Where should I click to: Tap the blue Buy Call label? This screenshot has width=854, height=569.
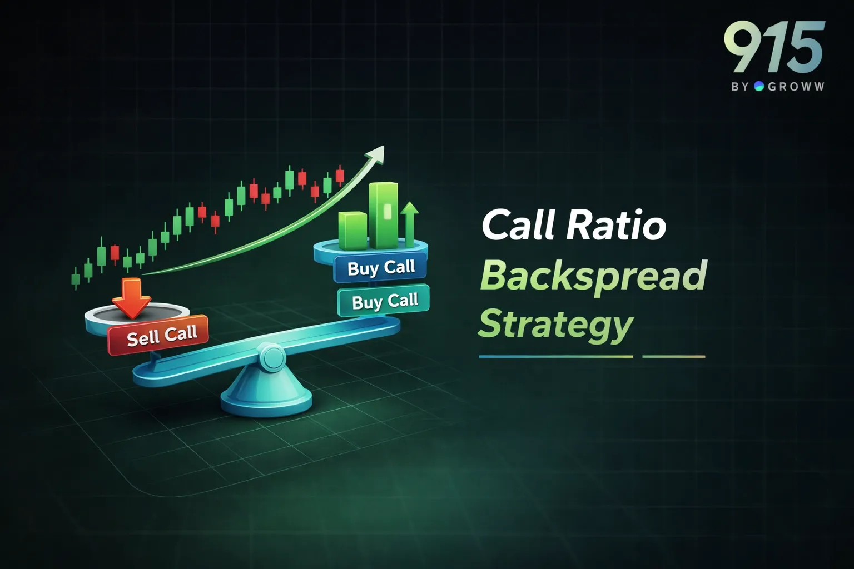(x=381, y=268)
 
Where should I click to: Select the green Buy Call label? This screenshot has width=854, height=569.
(x=384, y=301)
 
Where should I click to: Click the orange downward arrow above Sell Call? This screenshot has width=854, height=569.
(x=131, y=298)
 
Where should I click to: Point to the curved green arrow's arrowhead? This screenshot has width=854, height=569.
(x=378, y=153)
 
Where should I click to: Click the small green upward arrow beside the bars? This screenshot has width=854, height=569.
(x=410, y=222)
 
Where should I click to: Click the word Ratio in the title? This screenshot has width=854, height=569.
(x=615, y=225)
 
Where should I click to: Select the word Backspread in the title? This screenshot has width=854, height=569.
(x=593, y=275)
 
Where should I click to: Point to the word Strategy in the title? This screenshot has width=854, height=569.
(x=555, y=324)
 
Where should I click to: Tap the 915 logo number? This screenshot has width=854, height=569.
(x=774, y=48)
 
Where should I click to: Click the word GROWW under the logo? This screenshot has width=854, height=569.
(x=796, y=87)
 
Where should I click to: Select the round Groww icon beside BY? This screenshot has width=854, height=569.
(x=759, y=86)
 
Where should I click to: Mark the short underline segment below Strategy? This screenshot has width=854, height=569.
(x=673, y=356)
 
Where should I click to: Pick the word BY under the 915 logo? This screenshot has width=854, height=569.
(x=741, y=87)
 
